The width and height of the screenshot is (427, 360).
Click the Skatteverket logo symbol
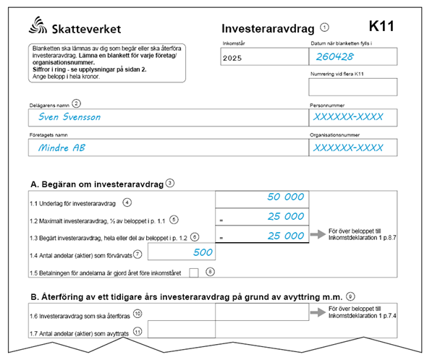tap(38, 27)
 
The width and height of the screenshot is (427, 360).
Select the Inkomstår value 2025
tap(233, 56)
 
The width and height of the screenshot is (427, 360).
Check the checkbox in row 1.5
tap(194, 272)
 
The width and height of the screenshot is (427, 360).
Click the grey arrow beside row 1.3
tap(316, 235)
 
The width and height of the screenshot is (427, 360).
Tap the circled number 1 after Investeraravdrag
tap(324, 27)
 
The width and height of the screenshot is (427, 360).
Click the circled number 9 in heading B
tap(350, 295)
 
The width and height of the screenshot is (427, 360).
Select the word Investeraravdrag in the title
tap(268, 29)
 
